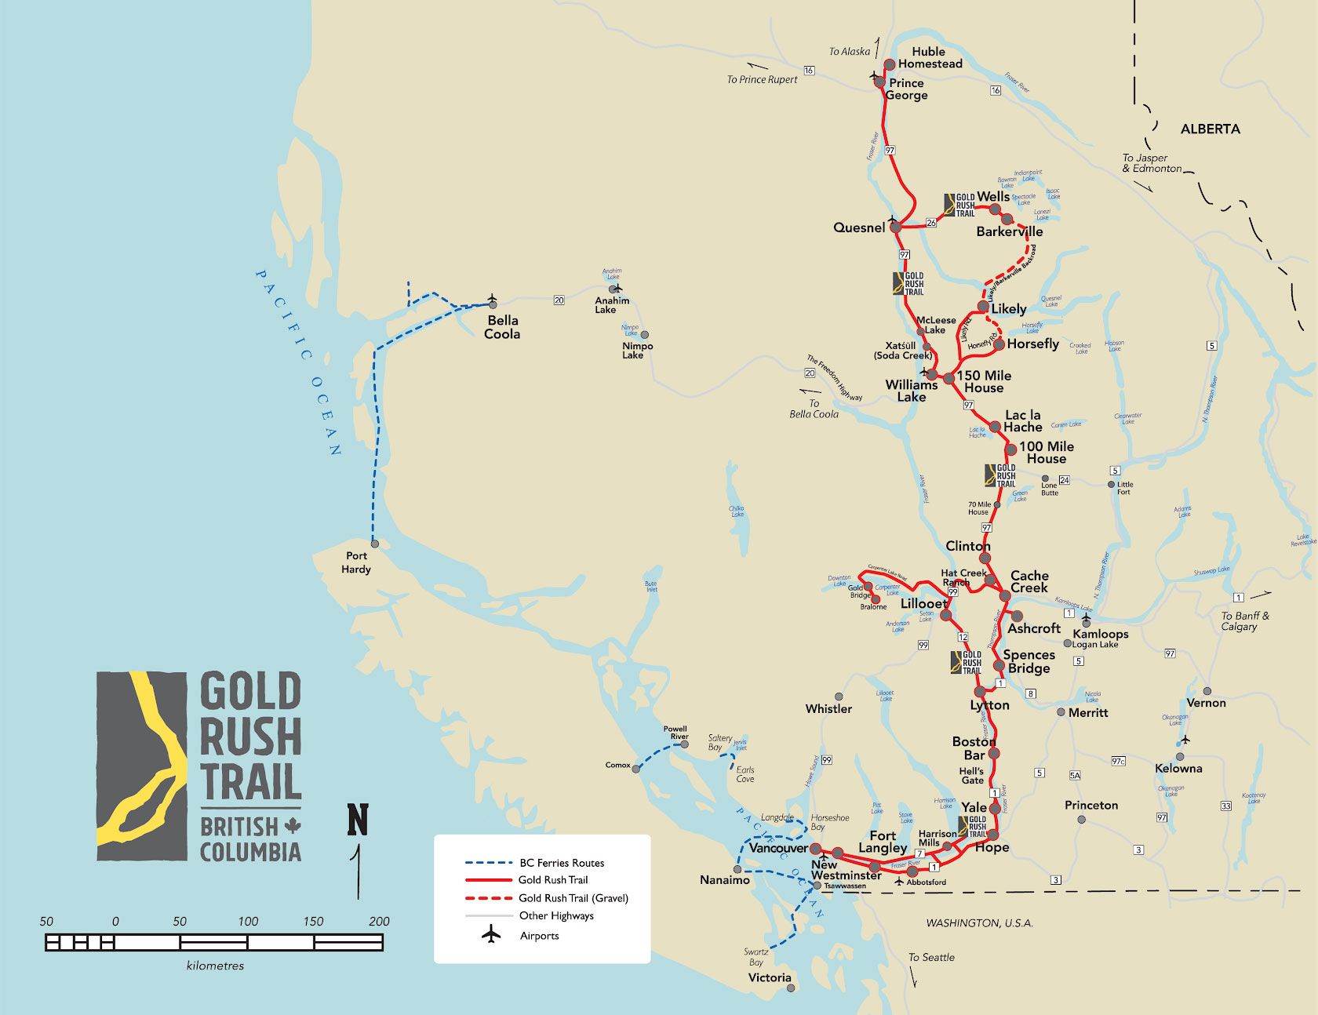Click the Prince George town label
coord(906,89)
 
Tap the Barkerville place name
coord(1009,231)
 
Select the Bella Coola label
coord(502,327)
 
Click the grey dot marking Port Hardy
coord(375,544)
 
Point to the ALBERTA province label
coord(1210,129)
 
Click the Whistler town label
coord(828,708)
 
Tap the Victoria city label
coord(769,977)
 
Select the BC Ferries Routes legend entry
coord(561,863)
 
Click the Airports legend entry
coord(539,936)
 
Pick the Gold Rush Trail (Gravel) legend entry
coord(573,898)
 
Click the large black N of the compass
coord(358,820)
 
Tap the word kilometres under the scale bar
coord(215,966)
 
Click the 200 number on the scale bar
coord(379,922)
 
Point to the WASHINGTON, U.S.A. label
coord(979,923)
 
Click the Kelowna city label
coord(1178,768)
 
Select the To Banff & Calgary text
coord(1244,621)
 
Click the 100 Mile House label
coord(1047,453)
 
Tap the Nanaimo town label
coord(724,880)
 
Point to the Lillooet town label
coord(924,603)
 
